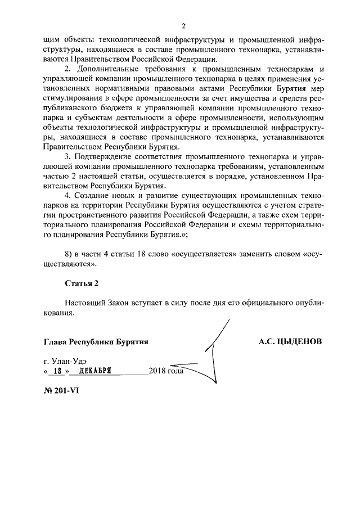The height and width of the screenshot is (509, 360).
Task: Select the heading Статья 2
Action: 81,283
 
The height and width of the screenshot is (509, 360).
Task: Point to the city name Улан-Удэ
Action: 68,360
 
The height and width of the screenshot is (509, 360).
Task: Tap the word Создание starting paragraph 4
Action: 91,195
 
